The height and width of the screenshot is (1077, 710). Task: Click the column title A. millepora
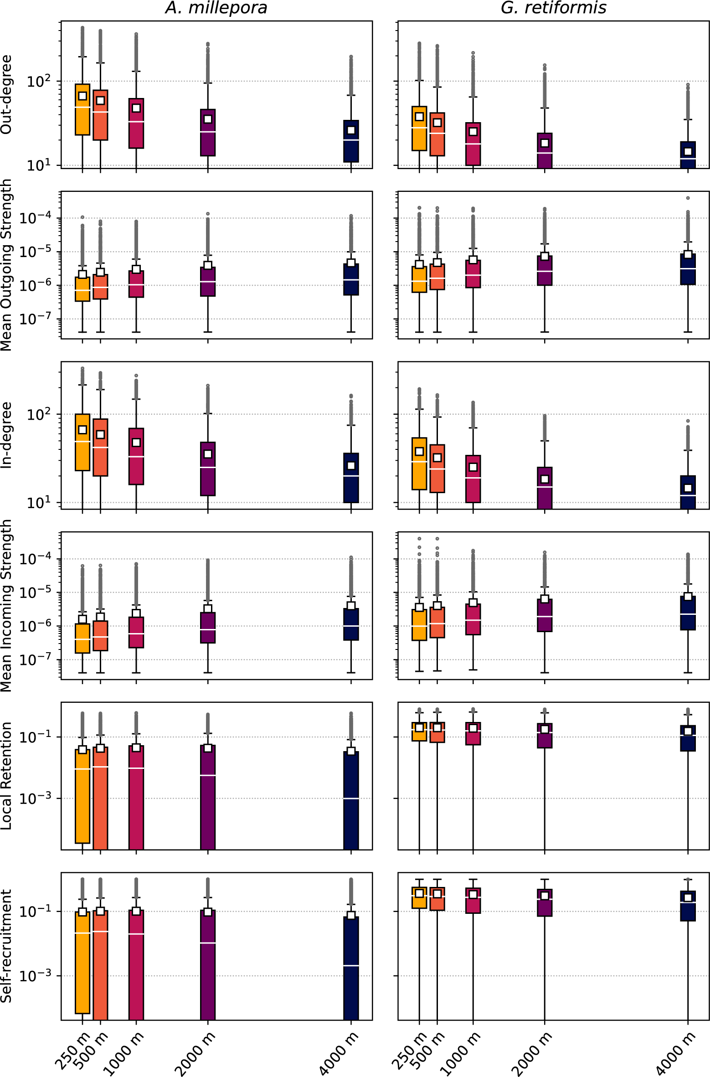pos(216,8)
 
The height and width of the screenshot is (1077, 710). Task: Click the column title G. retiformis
pos(553,8)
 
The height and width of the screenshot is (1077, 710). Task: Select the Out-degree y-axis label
pos(6,94)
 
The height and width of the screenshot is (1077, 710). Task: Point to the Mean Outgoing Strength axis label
pos(6,265)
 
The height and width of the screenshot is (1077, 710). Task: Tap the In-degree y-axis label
pos(6,435)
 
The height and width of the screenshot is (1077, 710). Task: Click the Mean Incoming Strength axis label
pos(6,605)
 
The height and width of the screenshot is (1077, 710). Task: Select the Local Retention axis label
pos(6,775)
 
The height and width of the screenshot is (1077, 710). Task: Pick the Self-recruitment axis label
pos(6,946)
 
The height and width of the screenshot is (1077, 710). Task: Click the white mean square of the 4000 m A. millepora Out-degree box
pos(351,130)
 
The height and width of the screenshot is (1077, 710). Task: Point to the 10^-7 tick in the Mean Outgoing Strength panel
pos(34,319)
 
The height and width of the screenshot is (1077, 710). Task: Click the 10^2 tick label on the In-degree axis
pos(38,415)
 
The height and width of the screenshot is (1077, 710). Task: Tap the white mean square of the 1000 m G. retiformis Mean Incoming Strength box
pos(473,603)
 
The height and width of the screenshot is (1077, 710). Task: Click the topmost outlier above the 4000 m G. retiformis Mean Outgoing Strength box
pos(688,198)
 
